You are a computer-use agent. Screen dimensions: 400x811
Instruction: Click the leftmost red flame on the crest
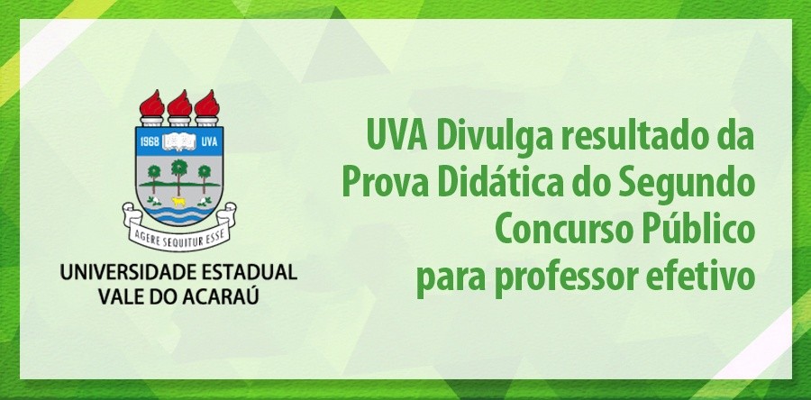tap(153, 101)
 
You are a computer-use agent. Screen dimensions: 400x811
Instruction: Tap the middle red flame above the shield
tap(179, 101)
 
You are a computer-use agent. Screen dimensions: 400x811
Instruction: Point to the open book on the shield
tap(178, 141)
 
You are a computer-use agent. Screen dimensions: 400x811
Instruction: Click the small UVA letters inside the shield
tap(208, 142)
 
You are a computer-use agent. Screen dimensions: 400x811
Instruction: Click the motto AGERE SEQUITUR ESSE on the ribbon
tap(179, 228)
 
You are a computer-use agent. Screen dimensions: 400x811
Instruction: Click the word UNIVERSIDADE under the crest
tap(117, 271)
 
